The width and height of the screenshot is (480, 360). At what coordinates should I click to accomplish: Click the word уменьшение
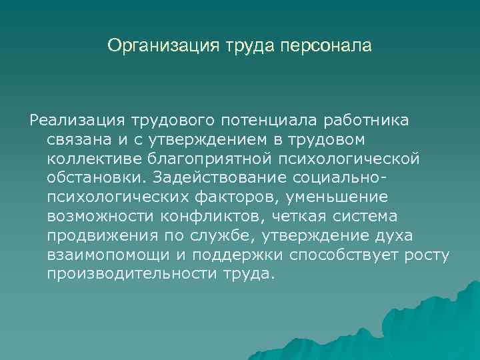pos(340,197)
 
